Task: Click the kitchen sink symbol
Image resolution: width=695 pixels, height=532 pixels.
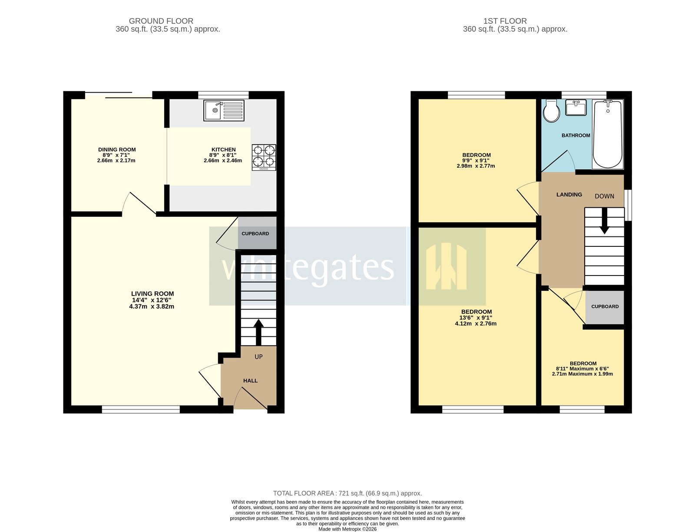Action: (224, 110)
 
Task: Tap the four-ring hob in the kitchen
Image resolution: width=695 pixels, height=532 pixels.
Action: (264, 157)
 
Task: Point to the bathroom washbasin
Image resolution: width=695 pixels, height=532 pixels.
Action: (576, 107)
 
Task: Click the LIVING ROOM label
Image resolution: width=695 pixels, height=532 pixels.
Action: (152, 294)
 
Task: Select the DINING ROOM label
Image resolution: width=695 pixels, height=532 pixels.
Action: (117, 150)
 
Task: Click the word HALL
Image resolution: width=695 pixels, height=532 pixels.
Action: (250, 381)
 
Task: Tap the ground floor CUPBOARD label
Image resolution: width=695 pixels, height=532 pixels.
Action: (255, 234)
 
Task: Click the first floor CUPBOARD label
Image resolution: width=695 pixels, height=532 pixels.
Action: (605, 307)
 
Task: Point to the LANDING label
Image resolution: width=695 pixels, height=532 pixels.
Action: (569, 195)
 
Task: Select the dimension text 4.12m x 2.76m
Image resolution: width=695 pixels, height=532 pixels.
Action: (476, 324)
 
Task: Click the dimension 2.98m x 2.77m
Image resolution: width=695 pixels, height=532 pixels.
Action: (476, 166)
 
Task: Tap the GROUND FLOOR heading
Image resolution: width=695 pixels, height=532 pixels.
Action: (161, 21)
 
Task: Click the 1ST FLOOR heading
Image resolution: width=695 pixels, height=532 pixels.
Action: (505, 21)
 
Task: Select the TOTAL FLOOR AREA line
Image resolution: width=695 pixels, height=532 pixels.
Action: (347, 493)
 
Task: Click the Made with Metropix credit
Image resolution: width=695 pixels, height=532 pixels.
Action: (347, 529)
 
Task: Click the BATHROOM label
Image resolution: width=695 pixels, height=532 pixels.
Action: (576, 136)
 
